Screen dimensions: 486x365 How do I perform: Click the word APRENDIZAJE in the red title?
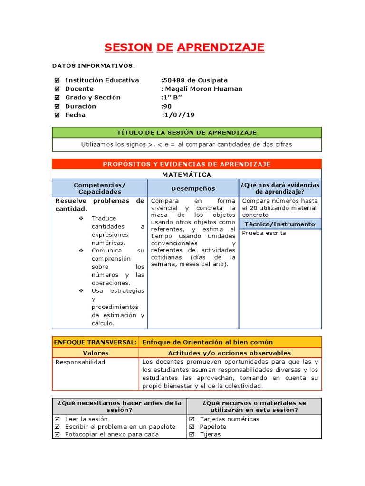coord(221,47)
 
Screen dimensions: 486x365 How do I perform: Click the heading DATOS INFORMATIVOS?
coord(93,65)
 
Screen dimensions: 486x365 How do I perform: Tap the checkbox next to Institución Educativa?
coord(57,80)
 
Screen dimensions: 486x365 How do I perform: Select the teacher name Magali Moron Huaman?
coord(202,89)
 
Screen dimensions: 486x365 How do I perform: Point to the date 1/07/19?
coord(178,115)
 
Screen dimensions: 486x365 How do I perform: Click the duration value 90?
coord(167,106)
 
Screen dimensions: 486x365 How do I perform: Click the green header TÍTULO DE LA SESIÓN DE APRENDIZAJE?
coord(186,132)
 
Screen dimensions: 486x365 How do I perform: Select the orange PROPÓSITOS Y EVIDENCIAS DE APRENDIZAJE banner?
coord(186,164)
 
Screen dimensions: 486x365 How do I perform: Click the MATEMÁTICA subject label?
coord(186,175)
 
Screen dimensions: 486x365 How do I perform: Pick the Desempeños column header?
coord(193,188)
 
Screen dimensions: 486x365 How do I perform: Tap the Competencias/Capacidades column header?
coord(100,188)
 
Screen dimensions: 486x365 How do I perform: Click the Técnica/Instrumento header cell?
coord(279,224)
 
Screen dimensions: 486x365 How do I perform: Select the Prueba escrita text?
coord(264,233)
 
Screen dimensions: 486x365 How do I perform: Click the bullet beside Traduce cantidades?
coord(81,218)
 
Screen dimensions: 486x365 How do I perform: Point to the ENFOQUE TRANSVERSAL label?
coord(96,342)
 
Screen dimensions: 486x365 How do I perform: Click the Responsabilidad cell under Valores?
coord(80,362)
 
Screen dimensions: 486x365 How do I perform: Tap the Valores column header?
coord(96,353)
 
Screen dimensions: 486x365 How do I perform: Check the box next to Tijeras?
coord(192,434)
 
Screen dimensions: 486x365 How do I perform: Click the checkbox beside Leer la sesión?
coord(57,419)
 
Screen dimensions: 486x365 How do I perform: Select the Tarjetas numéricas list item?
coord(229,419)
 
